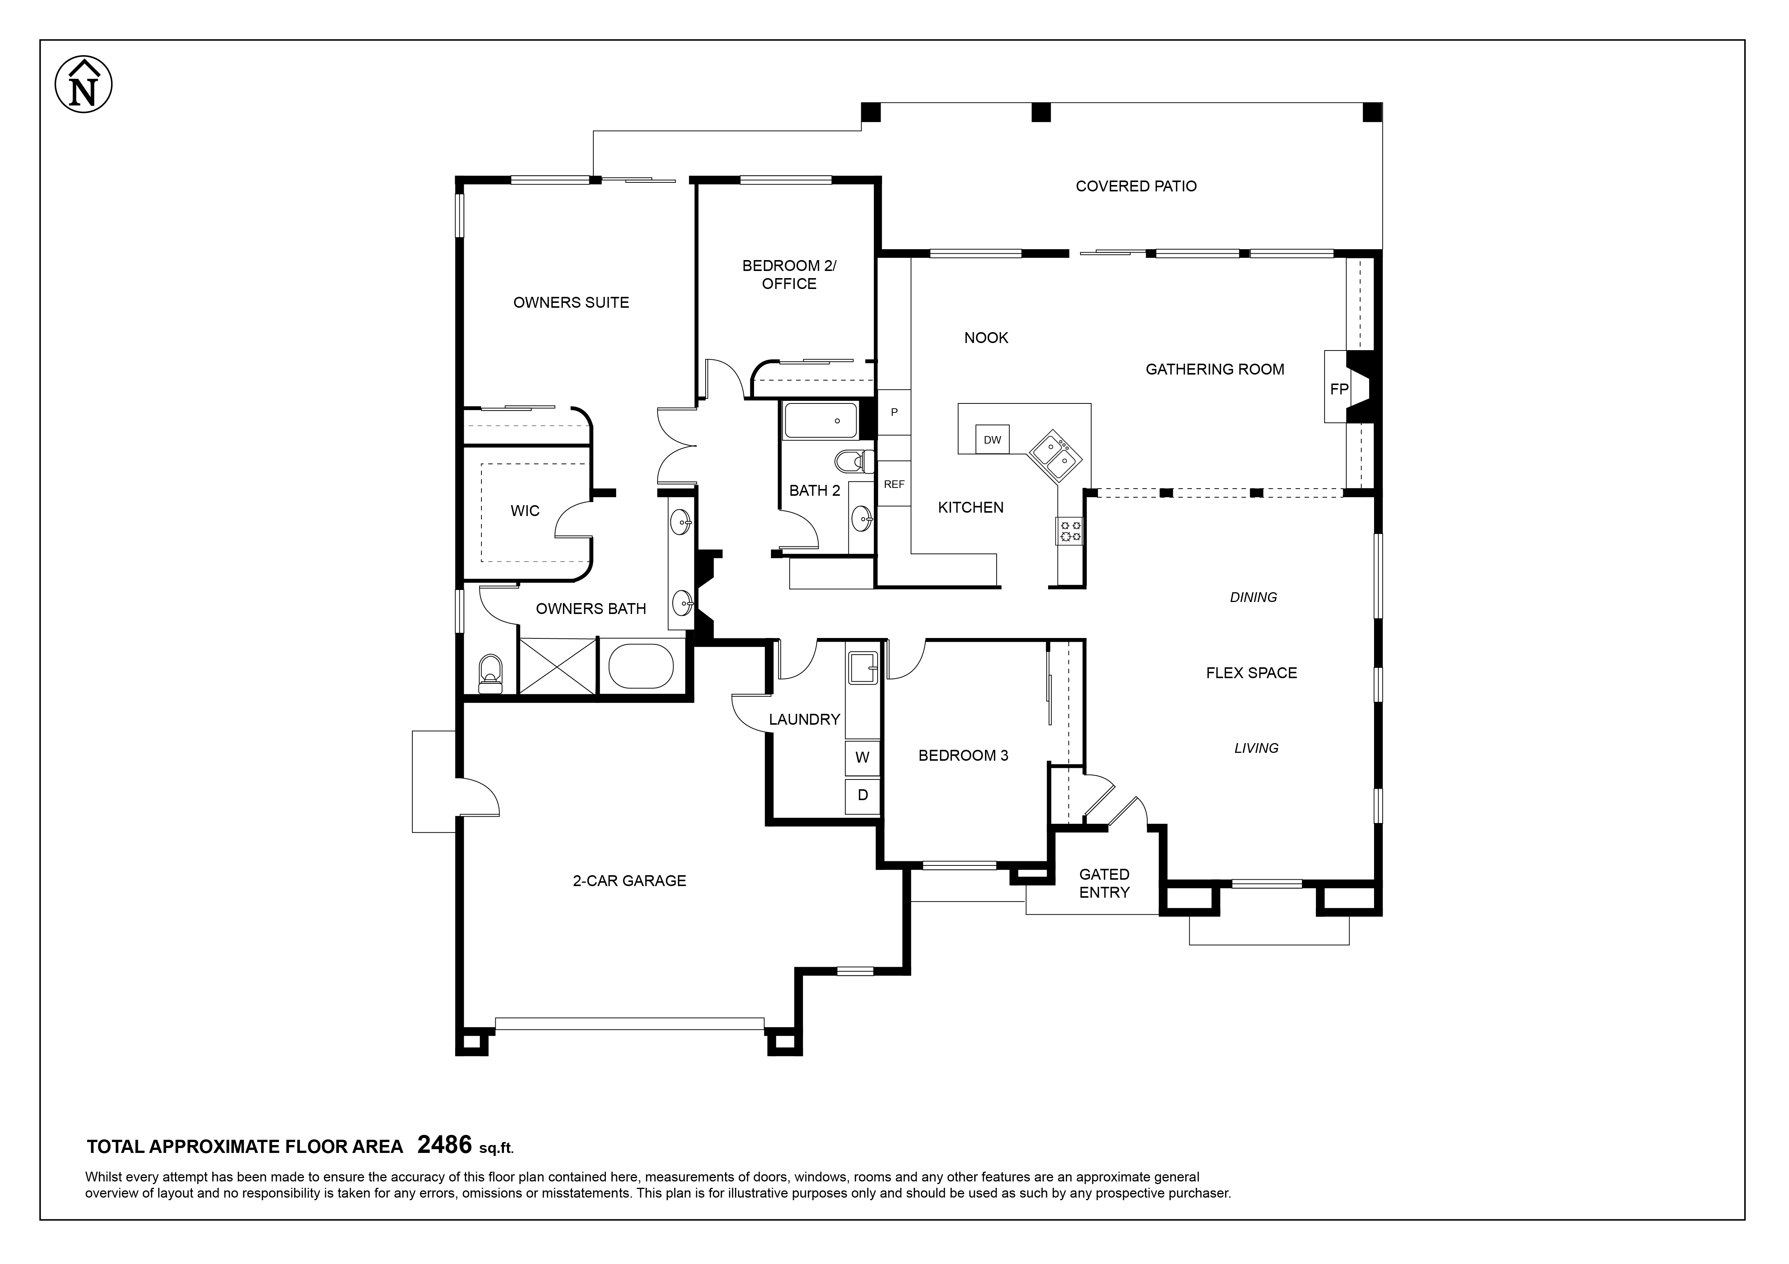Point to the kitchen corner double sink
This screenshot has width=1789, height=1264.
coord(1055,457)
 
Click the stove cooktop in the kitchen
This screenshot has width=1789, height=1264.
coord(1069,531)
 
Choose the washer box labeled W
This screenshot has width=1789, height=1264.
coord(862,757)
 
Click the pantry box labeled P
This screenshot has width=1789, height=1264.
coord(894,412)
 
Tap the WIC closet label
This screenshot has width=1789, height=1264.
coord(524,511)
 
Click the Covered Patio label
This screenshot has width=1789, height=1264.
coord(1136,186)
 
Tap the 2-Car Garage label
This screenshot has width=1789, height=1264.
coord(630,881)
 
